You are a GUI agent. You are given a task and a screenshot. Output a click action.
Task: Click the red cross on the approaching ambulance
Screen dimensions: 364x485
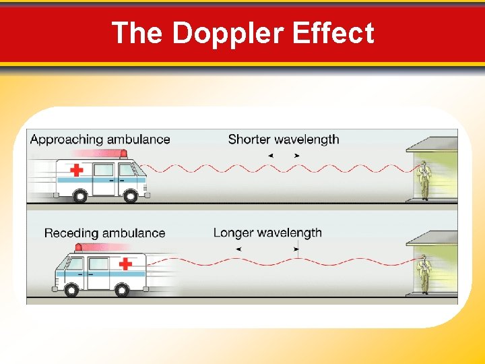pyautogui.click(x=77, y=169)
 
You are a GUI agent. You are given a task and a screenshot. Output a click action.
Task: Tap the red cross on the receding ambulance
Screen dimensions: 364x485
pyautogui.click(x=125, y=264)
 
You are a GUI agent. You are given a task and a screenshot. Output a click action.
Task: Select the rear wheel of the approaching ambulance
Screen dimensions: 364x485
pyautogui.click(x=79, y=196)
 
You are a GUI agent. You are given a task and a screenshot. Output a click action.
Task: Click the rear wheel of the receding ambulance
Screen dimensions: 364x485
pyautogui.click(x=121, y=290)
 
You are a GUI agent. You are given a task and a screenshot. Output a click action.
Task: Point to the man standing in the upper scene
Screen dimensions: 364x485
pyautogui.click(x=424, y=180)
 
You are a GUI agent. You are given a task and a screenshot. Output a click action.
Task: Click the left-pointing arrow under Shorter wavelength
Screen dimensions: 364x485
pyautogui.click(x=270, y=156)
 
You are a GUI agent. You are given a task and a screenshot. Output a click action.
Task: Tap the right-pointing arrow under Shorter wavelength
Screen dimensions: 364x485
pyautogui.click(x=297, y=156)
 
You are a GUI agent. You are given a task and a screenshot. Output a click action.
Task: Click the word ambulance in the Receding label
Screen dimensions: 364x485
pyautogui.click(x=133, y=233)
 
